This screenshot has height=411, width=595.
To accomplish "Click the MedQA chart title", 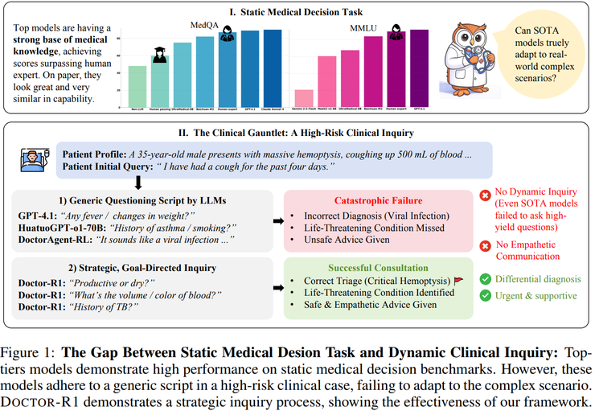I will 204,25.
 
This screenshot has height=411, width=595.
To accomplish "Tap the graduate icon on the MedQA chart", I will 159,55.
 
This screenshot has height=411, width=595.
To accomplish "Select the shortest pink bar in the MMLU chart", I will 304,92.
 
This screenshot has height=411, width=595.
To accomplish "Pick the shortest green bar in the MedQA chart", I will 137,80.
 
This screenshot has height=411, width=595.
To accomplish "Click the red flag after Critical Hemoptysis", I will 459,281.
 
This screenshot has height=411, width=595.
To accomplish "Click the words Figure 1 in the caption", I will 28,351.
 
